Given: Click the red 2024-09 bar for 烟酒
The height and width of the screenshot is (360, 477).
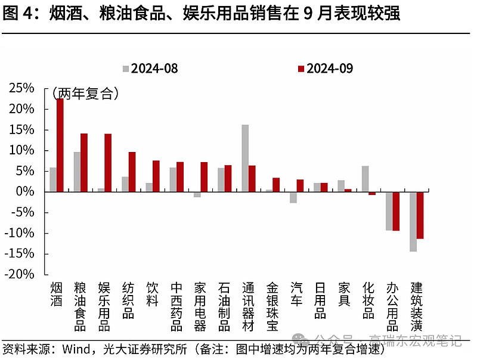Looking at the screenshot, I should click(60, 145).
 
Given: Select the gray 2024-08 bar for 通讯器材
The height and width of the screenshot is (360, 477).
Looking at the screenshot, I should click(245, 158).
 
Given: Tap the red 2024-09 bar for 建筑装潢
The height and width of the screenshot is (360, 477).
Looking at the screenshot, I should click(420, 215).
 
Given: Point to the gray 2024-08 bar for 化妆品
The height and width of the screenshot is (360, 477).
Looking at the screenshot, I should click(365, 179).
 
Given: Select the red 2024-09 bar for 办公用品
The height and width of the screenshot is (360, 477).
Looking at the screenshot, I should click(396, 211).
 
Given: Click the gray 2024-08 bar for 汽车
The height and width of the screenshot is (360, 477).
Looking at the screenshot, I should click(293, 197).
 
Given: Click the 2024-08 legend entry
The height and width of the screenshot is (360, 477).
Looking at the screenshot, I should click(150, 69).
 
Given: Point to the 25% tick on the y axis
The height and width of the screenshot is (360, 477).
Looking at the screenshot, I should click(21, 88).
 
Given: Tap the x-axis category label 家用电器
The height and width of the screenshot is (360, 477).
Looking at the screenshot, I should click(200, 306).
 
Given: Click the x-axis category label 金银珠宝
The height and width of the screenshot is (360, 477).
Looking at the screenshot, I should click(272, 306).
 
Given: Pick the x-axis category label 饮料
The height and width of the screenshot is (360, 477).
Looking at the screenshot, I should click(152, 294).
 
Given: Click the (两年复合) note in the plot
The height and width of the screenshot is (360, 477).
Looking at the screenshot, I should click(85, 94).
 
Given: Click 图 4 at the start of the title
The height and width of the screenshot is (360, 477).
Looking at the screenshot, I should click(18, 14).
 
